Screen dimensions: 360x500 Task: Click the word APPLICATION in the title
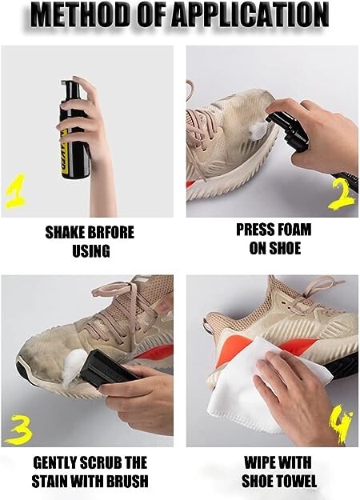(x=251, y=15)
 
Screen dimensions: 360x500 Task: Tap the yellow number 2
(x=342, y=194)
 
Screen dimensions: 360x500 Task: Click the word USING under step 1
(x=91, y=251)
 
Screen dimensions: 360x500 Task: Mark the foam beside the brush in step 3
(x=73, y=366)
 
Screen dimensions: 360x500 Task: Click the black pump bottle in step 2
(x=287, y=130)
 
